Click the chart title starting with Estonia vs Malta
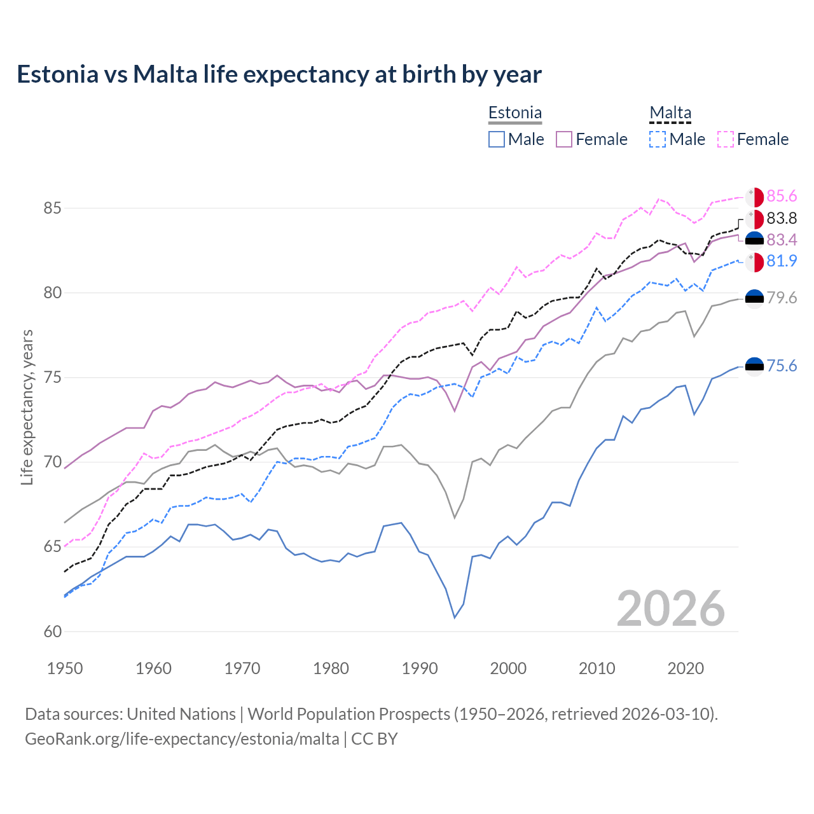coord(279,74)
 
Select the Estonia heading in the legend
coord(515,113)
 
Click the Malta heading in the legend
coord(670,113)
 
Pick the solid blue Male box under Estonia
coord(497,139)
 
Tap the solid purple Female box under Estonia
coord(564,139)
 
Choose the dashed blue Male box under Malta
coord(658,139)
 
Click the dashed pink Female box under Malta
coord(726,139)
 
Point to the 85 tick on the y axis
coord(52,208)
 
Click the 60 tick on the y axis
coord(52,631)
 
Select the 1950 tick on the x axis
coord(65,668)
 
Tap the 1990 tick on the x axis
coord(420,668)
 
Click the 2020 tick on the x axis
coord(686,668)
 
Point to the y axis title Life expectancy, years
coord(27,407)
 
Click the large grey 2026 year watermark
coord(671,609)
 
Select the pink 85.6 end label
coord(782,197)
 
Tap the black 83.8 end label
coord(782,219)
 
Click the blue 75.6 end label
coord(782,366)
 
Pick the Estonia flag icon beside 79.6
coord(754,298)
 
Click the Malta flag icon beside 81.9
coord(754,261)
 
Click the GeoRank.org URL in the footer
coord(182,739)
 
